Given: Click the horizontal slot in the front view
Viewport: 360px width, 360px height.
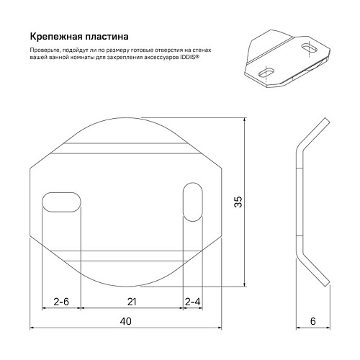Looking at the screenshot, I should tap(62, 200).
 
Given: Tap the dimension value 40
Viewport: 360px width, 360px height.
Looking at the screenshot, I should tap(125, 322).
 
